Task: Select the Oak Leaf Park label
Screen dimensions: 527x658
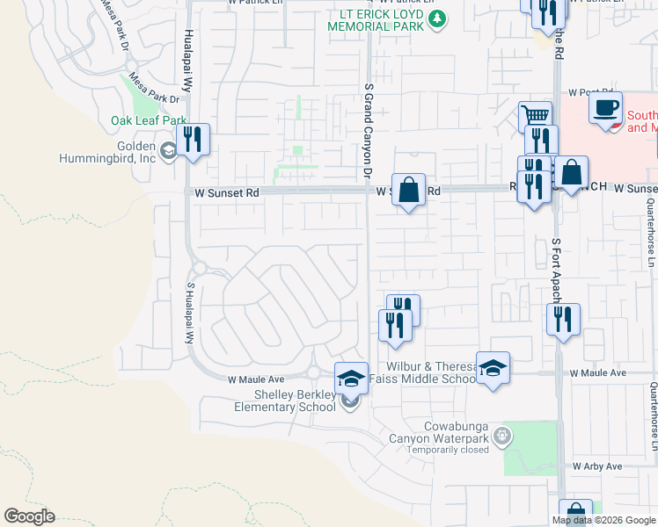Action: [x=149, y=120]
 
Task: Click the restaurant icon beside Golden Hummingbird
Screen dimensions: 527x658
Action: [x=193, y=141]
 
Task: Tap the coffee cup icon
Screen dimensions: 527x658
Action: [x=605, y=109]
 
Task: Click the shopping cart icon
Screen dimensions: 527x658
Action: [x=535, y=116]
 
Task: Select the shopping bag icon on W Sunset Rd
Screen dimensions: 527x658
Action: [x=408, y=190]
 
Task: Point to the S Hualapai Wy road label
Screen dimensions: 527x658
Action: [x=188, y=313]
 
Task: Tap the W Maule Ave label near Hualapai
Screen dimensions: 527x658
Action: [x=255, y=380]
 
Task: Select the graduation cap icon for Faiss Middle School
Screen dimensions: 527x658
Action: [x=493, y=367]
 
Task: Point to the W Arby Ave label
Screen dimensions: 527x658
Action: [x=597, y=466]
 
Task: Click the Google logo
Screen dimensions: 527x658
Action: [x=30, y=516]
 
